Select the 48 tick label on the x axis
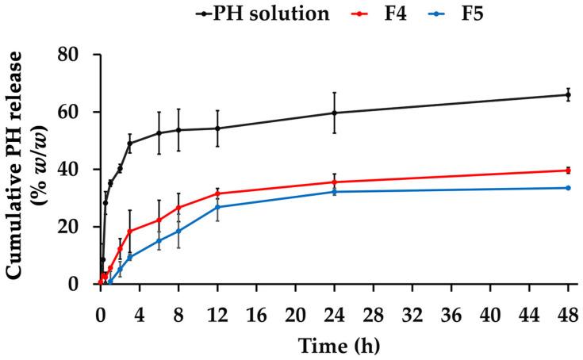tap(568, 302)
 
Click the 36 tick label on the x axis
tap(451, 302)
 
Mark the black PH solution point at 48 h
tap(568, 95)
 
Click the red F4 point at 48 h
tap(568, 170)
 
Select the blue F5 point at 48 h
tap(568, 188)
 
